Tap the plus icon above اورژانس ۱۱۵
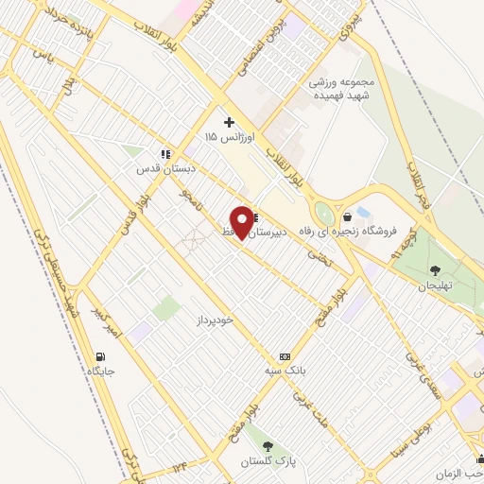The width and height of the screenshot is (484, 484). [229, 122]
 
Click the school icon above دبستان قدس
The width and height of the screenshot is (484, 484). [165, 153]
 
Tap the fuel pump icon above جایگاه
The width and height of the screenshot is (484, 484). [99, 355]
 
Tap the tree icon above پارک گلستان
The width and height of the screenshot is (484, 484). [268, 444]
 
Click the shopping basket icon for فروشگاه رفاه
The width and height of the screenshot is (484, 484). [348, 216]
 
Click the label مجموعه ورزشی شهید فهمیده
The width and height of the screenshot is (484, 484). [342, 89]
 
